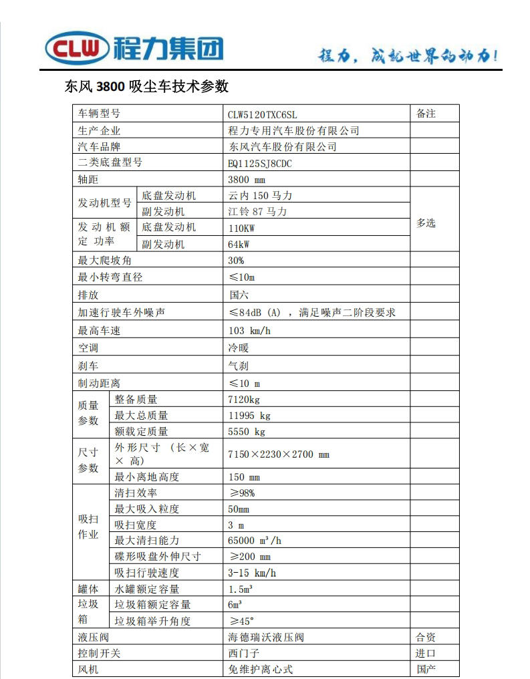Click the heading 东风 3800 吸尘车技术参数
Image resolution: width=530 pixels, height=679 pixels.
tap(147, 87)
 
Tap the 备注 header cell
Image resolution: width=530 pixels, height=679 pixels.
tap(426, 114)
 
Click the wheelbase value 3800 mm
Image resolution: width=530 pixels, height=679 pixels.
tap(247, 180)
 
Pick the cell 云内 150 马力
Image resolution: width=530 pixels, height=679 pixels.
tap(260, 196)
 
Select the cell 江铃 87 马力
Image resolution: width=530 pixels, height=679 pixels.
tap(257, 212)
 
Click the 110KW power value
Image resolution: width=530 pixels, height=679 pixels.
tap(241, 228)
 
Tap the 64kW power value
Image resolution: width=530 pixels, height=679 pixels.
tap(239, 245)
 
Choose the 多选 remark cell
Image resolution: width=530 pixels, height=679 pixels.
tap(426, 223)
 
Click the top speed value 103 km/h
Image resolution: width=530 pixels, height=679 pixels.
tap(249, 331)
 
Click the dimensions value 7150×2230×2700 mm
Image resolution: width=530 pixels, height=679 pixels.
tap(279, 455)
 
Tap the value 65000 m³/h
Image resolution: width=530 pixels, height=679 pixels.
tap(255, 541)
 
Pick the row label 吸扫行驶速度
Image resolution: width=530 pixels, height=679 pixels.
tap(147, 573)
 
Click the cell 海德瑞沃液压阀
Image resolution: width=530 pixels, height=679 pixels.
tap(266, 638)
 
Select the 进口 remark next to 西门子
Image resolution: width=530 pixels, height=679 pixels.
tap(426, 654)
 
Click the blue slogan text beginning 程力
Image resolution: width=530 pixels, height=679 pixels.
tap(408, 56)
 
